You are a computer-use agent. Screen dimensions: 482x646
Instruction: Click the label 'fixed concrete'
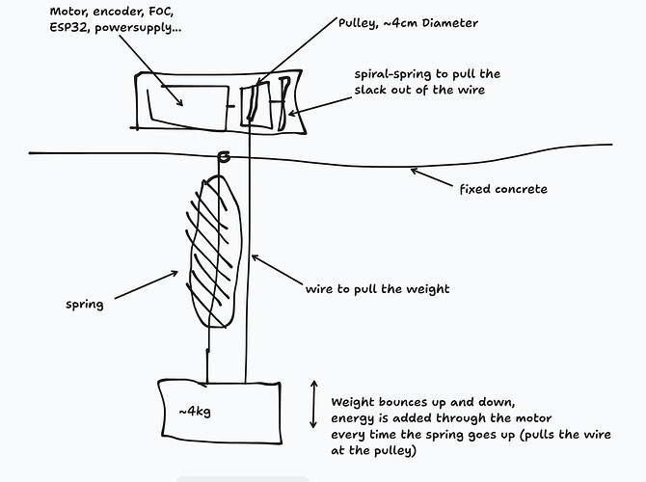[x=504, y=189]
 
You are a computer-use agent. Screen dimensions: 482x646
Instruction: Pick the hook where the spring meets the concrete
[x=224, y=157]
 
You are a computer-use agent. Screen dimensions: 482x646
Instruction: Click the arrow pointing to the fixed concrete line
[x=434, y=180]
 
